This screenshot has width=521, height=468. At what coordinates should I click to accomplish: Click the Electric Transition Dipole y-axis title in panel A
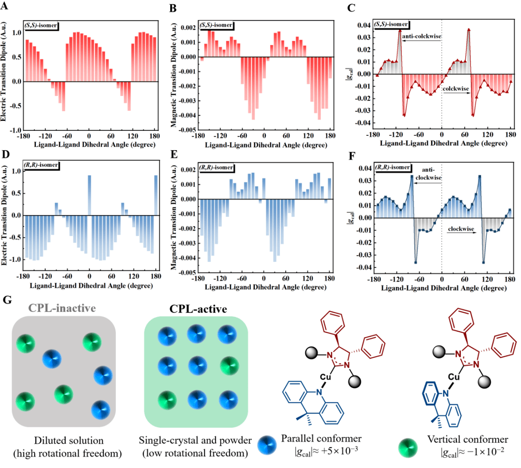[4, 75]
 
